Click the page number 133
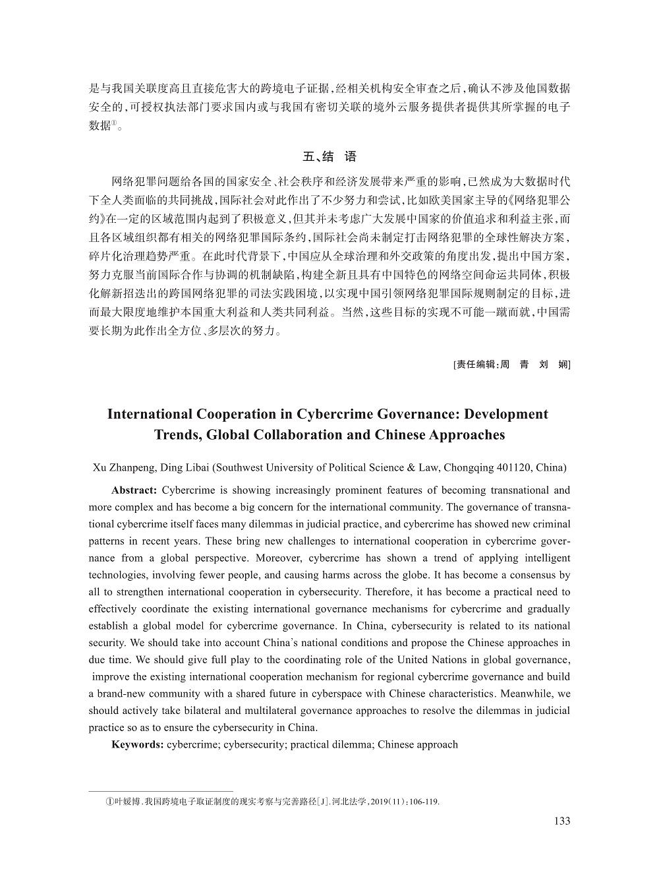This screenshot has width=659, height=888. click(x=562, y=821)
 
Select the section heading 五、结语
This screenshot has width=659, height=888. click(x=329, y=157)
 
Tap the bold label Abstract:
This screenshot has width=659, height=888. click(x=134, y=490)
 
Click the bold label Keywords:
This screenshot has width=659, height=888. click(x=138, y=745)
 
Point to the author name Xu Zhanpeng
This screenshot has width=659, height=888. click(x=122, y=468)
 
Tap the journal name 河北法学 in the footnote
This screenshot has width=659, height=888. click(x=347, y=802)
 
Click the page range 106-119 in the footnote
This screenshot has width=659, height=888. click(x=424, y=802)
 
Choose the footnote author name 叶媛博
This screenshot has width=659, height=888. click(x=127, y=802)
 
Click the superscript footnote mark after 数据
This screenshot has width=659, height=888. click(x=115, y=123)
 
